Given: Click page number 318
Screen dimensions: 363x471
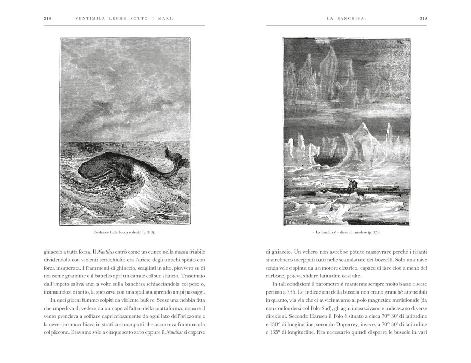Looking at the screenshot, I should coord(47,19).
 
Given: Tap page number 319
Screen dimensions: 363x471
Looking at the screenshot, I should coord(423,19).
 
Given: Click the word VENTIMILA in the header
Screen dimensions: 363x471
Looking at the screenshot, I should coord(89,19).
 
